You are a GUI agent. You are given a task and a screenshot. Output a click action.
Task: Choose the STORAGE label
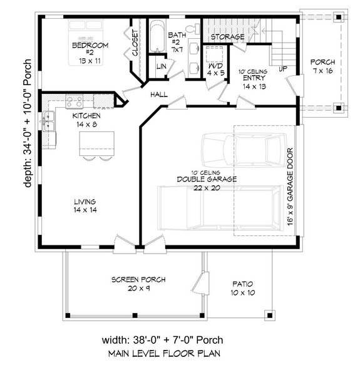click(x=227, y=38)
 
